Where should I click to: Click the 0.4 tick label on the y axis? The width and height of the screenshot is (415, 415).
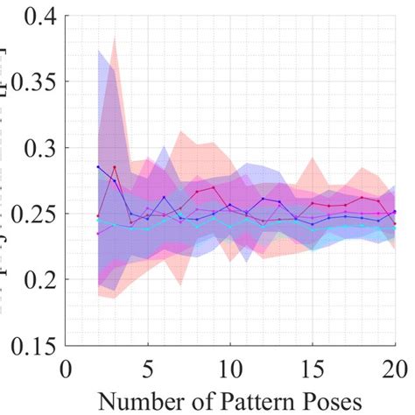pos(31,18)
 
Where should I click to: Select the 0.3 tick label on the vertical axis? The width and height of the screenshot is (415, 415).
pos(31,149)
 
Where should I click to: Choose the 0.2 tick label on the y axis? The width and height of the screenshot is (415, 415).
pos(31,280)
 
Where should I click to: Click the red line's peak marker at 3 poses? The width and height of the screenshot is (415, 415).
pos(114,167)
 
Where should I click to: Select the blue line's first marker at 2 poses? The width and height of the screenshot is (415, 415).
pos(97,166)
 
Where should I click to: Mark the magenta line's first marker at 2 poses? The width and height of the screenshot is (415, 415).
pos(97,234)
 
